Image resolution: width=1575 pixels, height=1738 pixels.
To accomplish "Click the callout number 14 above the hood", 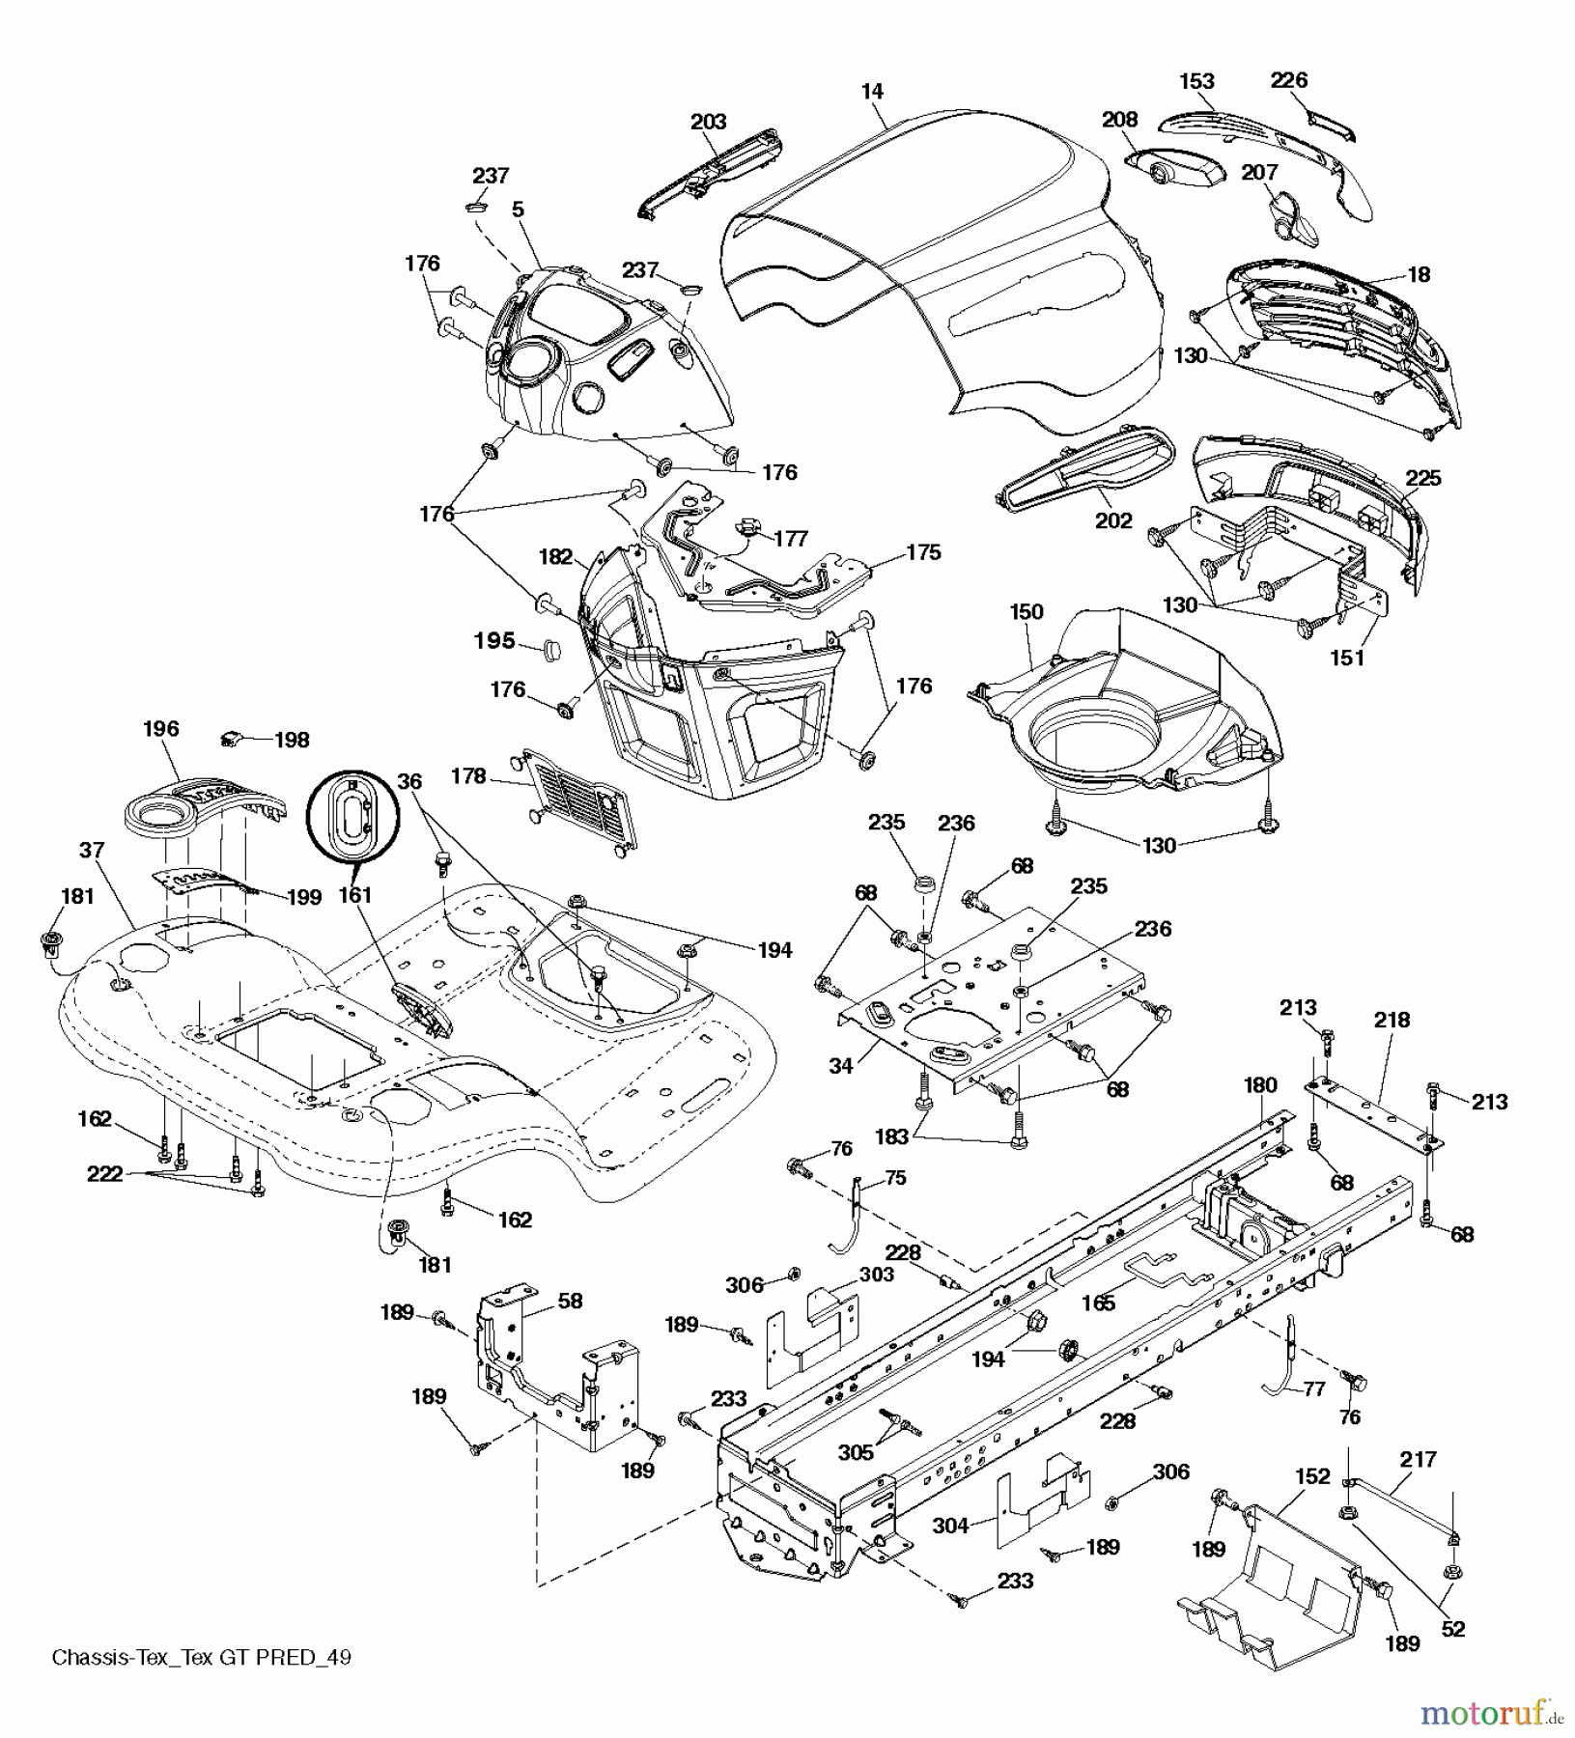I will pos(871,92).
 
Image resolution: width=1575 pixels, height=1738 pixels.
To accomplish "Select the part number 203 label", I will pos(708,122).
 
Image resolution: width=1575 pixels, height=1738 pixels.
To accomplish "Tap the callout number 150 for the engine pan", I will pos(1027,611).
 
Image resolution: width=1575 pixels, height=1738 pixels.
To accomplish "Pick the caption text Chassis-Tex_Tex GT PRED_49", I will pos(201,1658).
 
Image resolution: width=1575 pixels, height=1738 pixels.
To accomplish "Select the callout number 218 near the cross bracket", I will pos(1392,1020).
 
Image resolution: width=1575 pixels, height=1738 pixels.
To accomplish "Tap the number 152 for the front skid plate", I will pos(1313,1476).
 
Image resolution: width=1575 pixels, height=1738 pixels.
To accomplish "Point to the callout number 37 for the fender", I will pos(92,850).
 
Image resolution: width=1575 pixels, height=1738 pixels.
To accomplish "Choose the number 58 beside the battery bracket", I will pos(570,1301).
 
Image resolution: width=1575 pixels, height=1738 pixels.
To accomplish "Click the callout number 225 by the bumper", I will pos(1423,478).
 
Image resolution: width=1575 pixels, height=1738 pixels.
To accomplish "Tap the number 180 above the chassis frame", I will pos(1260,1084).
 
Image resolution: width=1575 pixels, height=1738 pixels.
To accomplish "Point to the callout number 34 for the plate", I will pos(840,1066).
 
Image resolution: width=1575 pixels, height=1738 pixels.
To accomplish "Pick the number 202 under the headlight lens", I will pos(1113,520).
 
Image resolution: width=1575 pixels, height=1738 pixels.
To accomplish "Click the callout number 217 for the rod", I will pos(1418,1459).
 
